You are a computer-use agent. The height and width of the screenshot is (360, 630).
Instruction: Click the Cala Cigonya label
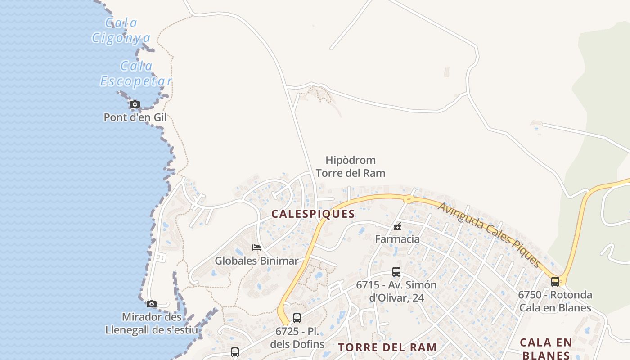(x=121, y=30)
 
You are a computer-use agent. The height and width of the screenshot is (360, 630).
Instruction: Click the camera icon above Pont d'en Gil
(x=135, y=104)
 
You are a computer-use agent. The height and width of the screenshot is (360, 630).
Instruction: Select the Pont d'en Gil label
(x=135, y=117)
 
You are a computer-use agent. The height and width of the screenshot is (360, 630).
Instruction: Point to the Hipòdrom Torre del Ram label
(x=351, y=166)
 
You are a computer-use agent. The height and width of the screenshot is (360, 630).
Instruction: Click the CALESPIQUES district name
(x=313, y=214)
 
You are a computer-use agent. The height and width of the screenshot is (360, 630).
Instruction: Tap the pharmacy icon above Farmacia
(x=397, y=226)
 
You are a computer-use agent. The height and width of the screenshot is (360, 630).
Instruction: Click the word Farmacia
(x=397, y=239)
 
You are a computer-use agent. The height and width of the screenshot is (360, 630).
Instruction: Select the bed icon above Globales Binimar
(x=256, y=247)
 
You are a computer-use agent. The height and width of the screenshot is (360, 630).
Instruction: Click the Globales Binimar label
(x=256, y=261)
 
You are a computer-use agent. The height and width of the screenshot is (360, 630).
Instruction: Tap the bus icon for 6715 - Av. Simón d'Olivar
(x=396, y=272)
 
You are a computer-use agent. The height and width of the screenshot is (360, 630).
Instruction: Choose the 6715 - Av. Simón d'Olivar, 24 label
(x=396, y=291)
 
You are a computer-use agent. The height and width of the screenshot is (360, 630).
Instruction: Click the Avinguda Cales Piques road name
(x=489, y=234)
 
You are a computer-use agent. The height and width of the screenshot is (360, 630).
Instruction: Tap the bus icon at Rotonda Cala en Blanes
(x=555, y=282)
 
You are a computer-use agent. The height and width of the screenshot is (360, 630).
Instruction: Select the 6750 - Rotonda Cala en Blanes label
(x=555, y=301)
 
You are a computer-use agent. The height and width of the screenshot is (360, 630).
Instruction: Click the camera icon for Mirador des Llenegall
(x=152, y=304)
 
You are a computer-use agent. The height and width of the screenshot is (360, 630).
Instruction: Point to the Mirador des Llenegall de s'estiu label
(x=152, y=324)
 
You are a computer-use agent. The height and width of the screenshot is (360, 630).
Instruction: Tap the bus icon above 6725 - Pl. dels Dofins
(x=297, y=318)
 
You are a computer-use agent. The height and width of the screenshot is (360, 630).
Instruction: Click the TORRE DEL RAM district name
(x=387, y=347)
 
